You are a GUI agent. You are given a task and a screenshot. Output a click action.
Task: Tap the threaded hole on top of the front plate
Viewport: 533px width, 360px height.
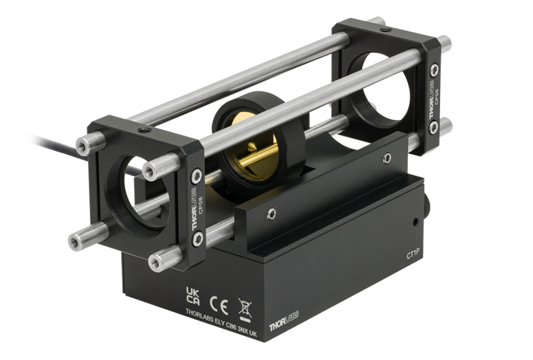point(142,130)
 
